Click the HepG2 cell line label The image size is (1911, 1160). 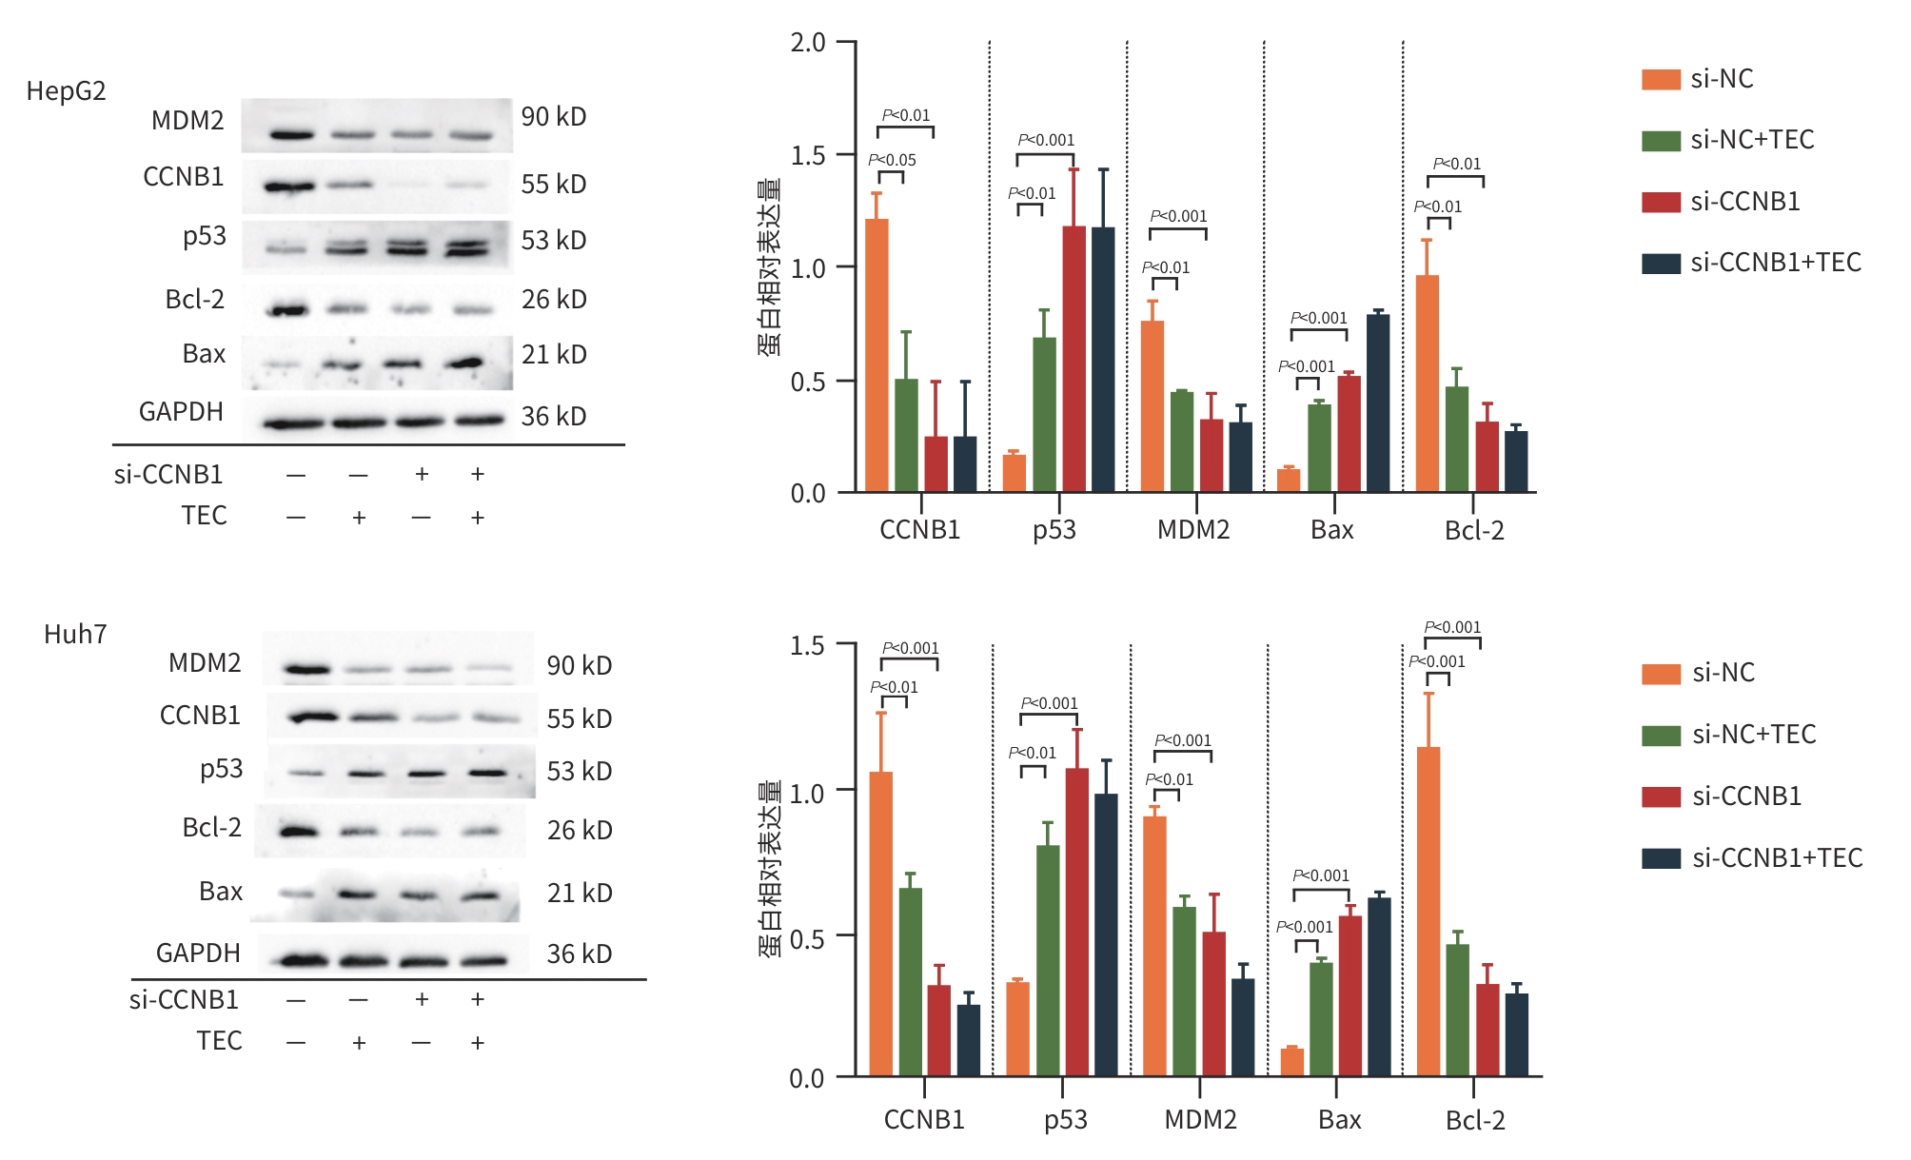[x=66, y=91]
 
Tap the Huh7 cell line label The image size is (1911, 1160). [x=75, y=635]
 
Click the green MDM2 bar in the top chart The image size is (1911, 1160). [x=1182, y=442]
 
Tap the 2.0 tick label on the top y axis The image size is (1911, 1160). [x=808, y=43]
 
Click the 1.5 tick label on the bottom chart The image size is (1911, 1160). [x=807, y=646]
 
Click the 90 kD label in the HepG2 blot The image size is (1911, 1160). [x=553, y=117]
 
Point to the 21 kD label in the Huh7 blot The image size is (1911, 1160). [x=579, y=893]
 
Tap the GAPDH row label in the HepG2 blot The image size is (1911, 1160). [x=181, y=412]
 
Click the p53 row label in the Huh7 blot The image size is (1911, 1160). [x=221, y=769]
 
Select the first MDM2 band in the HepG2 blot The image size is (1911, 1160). [x=291, y=135]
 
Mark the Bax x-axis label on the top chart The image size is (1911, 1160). [x=1331, y=530]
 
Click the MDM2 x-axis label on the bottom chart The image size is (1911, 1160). [x=1200, y=1120]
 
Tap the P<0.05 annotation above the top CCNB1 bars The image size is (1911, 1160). [x=892, y=160]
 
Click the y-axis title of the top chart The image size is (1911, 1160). [x=769, y=267]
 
